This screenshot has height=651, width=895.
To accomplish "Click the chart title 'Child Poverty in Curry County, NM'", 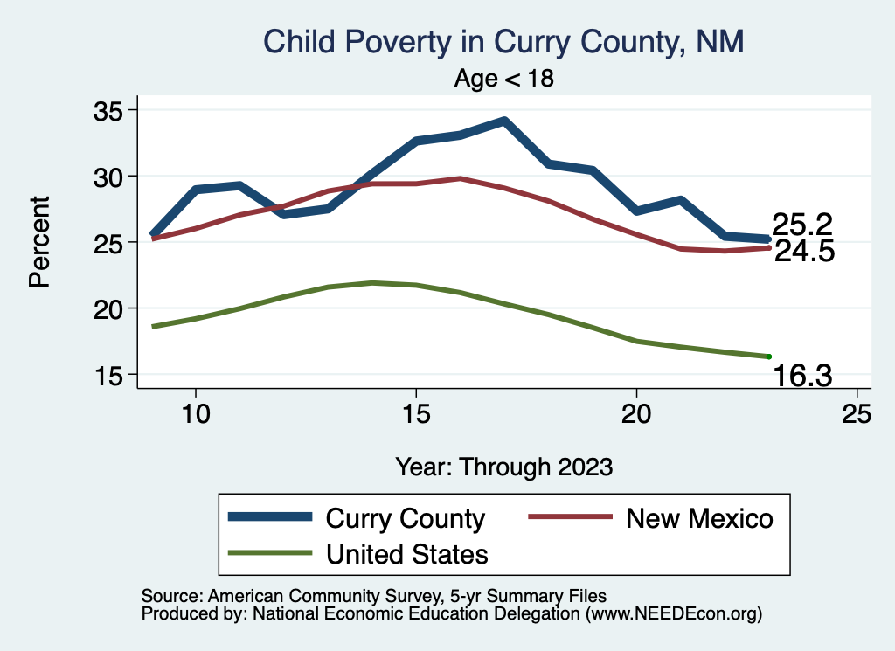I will (503, 42).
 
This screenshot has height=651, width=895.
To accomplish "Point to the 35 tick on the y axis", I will (111, 110).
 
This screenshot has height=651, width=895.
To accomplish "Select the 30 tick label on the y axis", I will (111, 177).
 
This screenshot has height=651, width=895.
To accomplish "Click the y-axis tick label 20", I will (111, 308).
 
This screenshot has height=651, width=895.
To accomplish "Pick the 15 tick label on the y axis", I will (111, 375).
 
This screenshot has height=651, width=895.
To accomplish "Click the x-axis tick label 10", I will (195, 415).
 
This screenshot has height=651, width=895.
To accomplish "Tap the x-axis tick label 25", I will (857, 415).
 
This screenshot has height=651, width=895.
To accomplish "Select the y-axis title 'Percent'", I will (38, 242).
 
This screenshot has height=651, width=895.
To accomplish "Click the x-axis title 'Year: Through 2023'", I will (503, 466).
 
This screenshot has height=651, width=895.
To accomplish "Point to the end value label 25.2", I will (801, 225).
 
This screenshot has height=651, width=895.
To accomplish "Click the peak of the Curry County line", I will (504, 121).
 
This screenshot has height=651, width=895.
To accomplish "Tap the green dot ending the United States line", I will (768, 357).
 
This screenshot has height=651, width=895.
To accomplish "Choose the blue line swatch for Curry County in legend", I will (270, 517).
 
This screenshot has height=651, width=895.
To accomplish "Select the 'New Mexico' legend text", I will (699, 518).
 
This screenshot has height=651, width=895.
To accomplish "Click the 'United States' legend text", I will (406, 553).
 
